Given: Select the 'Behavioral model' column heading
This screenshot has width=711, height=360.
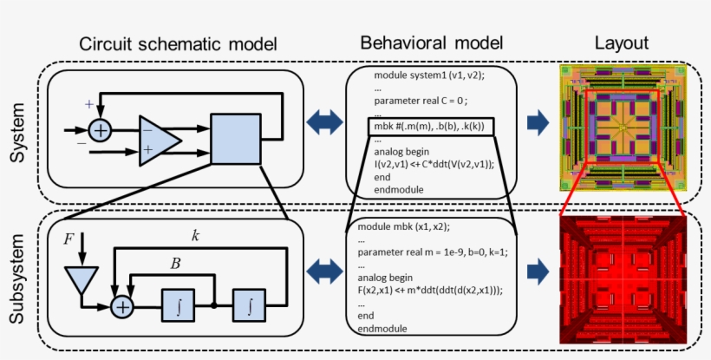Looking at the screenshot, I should click(431, 43).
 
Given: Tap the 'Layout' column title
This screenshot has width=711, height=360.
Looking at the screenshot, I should click(623, 43).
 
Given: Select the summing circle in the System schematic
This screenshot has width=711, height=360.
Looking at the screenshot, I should click(102, 130).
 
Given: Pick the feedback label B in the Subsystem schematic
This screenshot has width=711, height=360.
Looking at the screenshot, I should click(177, 264).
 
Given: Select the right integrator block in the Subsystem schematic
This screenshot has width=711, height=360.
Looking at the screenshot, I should click(251, 305).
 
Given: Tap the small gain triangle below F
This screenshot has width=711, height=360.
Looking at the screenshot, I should click(82, 279).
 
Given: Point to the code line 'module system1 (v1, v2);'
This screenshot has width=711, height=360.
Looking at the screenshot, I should click(428, 75).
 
